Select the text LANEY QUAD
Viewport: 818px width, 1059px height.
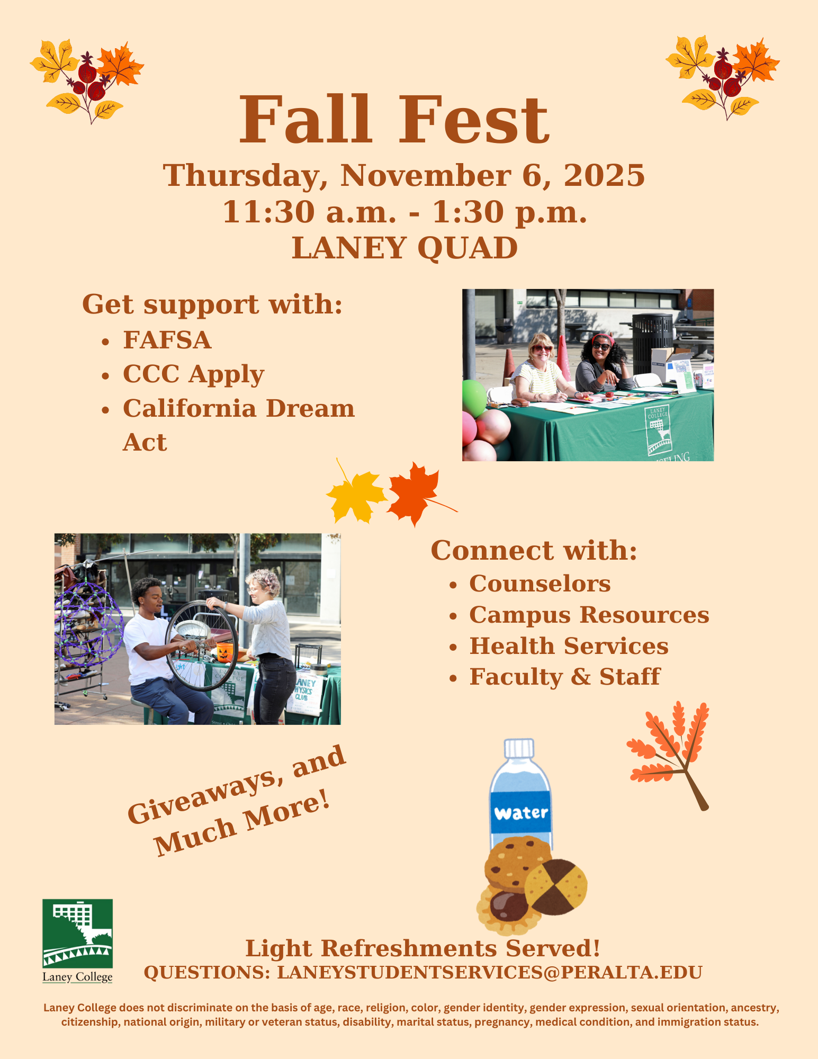pos(404,248)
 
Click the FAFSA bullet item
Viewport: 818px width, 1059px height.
pos(167,340)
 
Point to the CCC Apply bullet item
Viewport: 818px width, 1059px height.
pos(193,374)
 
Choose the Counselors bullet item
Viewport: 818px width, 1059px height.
pos(540,584)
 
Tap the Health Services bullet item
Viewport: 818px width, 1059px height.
pos(569,646)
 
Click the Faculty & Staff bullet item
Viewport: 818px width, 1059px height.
pos(564,677)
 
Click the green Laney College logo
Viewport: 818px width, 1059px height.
pos(77,933)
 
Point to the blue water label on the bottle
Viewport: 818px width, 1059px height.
pos(520,813)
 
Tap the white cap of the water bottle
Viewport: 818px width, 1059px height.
pos(519,748)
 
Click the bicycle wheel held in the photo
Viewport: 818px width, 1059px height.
pos(201,645)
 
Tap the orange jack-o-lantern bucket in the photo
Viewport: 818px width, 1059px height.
pos(224,652)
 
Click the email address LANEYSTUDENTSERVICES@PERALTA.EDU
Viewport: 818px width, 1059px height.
pos(489,973)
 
